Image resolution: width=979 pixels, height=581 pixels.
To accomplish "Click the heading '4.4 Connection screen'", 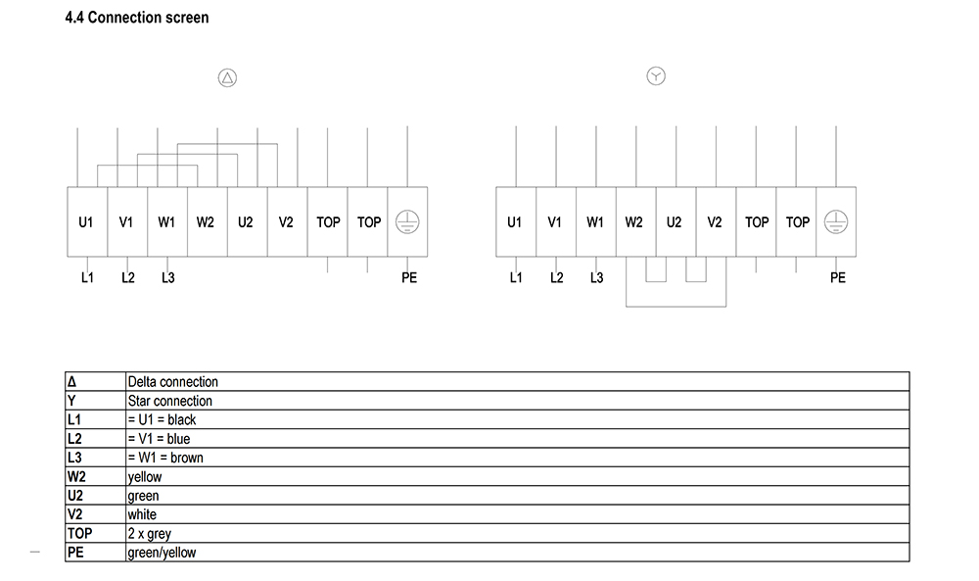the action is pyautogui.click(x=137, y=18).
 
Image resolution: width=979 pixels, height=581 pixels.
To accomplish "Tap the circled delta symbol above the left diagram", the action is pyautogui.click(x=227, y=78).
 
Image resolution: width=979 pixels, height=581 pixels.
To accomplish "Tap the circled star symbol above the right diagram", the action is pyautogui.click(x=656, y=76).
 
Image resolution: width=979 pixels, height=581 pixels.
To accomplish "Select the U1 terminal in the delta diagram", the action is pyautogui.click(x=87, y=221).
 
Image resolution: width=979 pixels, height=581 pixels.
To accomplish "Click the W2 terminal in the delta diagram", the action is pyautogui.click(x=208, y=221).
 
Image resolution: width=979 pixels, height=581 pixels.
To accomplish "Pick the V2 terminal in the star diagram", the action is pyautogui.click(x=716, y=221).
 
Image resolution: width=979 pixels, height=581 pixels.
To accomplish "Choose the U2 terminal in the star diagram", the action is pyautogui.click(x=676, y=221).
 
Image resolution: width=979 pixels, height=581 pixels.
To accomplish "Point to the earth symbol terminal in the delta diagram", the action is pyautogui.click(x=407, y=221).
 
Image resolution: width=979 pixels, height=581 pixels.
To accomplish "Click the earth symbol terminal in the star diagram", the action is pyautogui.click(x=836, y=221).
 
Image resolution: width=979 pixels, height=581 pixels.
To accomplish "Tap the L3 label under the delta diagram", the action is pyautogui.click(x=168, y=277).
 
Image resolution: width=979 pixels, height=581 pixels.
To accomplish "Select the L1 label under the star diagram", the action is pyautogui.click(x=516, y=277).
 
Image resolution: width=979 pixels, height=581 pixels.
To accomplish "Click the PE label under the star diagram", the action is pyautogui.click(x=838, y=277).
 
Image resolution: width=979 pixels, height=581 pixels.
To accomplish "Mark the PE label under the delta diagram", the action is pyautogui.click(x=409, y=277).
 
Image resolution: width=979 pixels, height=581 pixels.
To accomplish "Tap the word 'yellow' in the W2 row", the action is pyautogui.click(x=145, y=477).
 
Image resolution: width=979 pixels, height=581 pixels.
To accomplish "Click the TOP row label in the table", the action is pyautogui.click(x=80, y=534).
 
